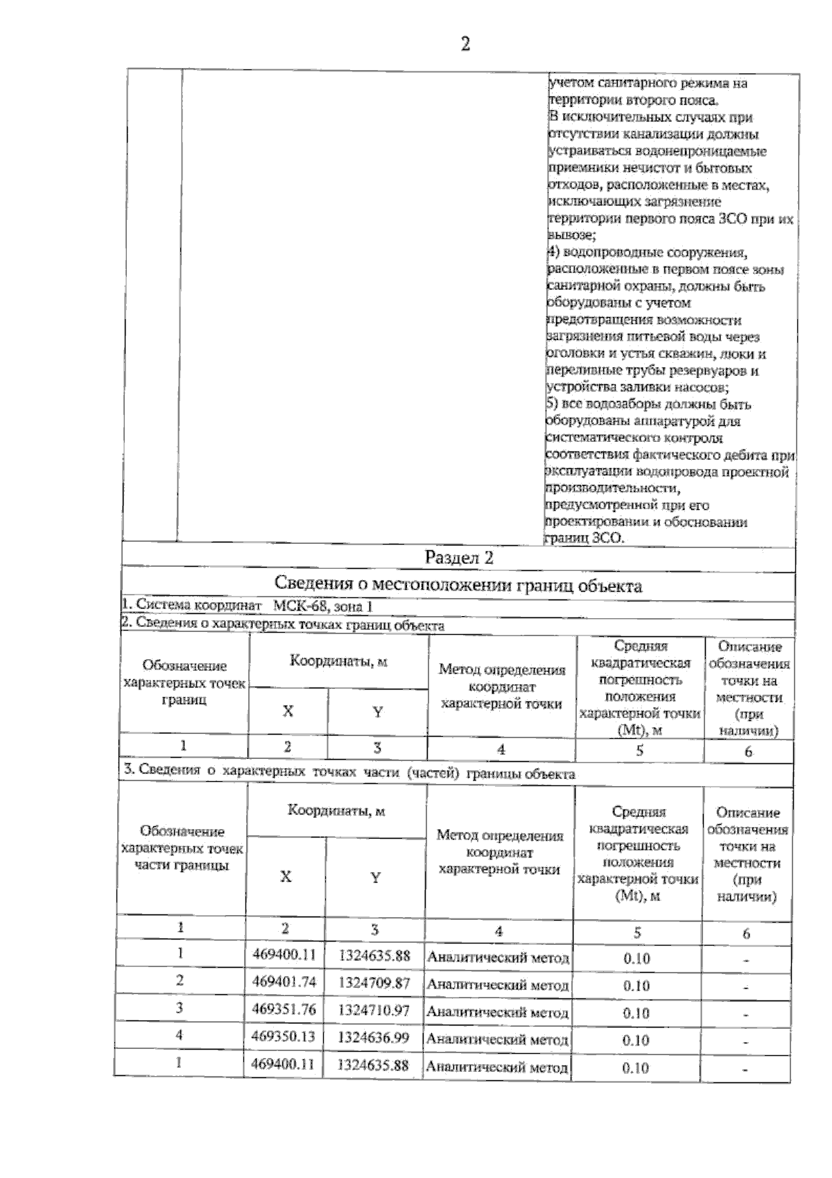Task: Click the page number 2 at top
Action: coord(465,44)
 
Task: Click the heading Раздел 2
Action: coord(458,558)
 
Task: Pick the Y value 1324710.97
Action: coord(374,1010)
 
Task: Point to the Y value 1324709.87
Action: coord(374,982)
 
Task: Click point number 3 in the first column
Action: coord(180,1007)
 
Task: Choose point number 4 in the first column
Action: coord(180,1035)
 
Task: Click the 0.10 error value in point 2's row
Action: coord(636,986)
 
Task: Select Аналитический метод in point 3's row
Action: coord(497,1013)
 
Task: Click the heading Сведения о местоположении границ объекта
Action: coord(458,586)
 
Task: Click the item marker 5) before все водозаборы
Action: coord(552,404)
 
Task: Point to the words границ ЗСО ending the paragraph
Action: coord(586,538)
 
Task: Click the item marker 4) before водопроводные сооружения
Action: coord(552,253)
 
